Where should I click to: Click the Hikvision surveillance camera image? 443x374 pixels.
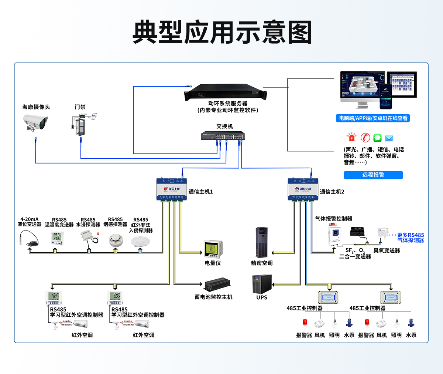point(35,122)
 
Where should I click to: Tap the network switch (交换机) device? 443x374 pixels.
point(223,136)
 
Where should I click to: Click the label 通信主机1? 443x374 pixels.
point(201,192)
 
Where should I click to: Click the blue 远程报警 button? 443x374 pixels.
point(373,175)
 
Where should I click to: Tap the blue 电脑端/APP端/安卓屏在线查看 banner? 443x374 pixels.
point(373,118)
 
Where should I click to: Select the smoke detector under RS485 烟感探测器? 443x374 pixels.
point(115,240)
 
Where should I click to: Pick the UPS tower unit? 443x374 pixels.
point(262,284)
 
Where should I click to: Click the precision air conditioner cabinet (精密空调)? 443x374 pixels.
point(262,242)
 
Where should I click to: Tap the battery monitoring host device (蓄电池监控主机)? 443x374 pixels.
point(218,284)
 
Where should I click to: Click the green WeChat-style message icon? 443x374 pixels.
point(377,138)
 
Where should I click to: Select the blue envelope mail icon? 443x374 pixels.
point(389,138)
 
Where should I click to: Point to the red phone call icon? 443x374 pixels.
point(365,138)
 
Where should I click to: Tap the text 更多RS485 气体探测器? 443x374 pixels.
point(411,237)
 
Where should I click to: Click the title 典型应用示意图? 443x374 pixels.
point(222,33)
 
